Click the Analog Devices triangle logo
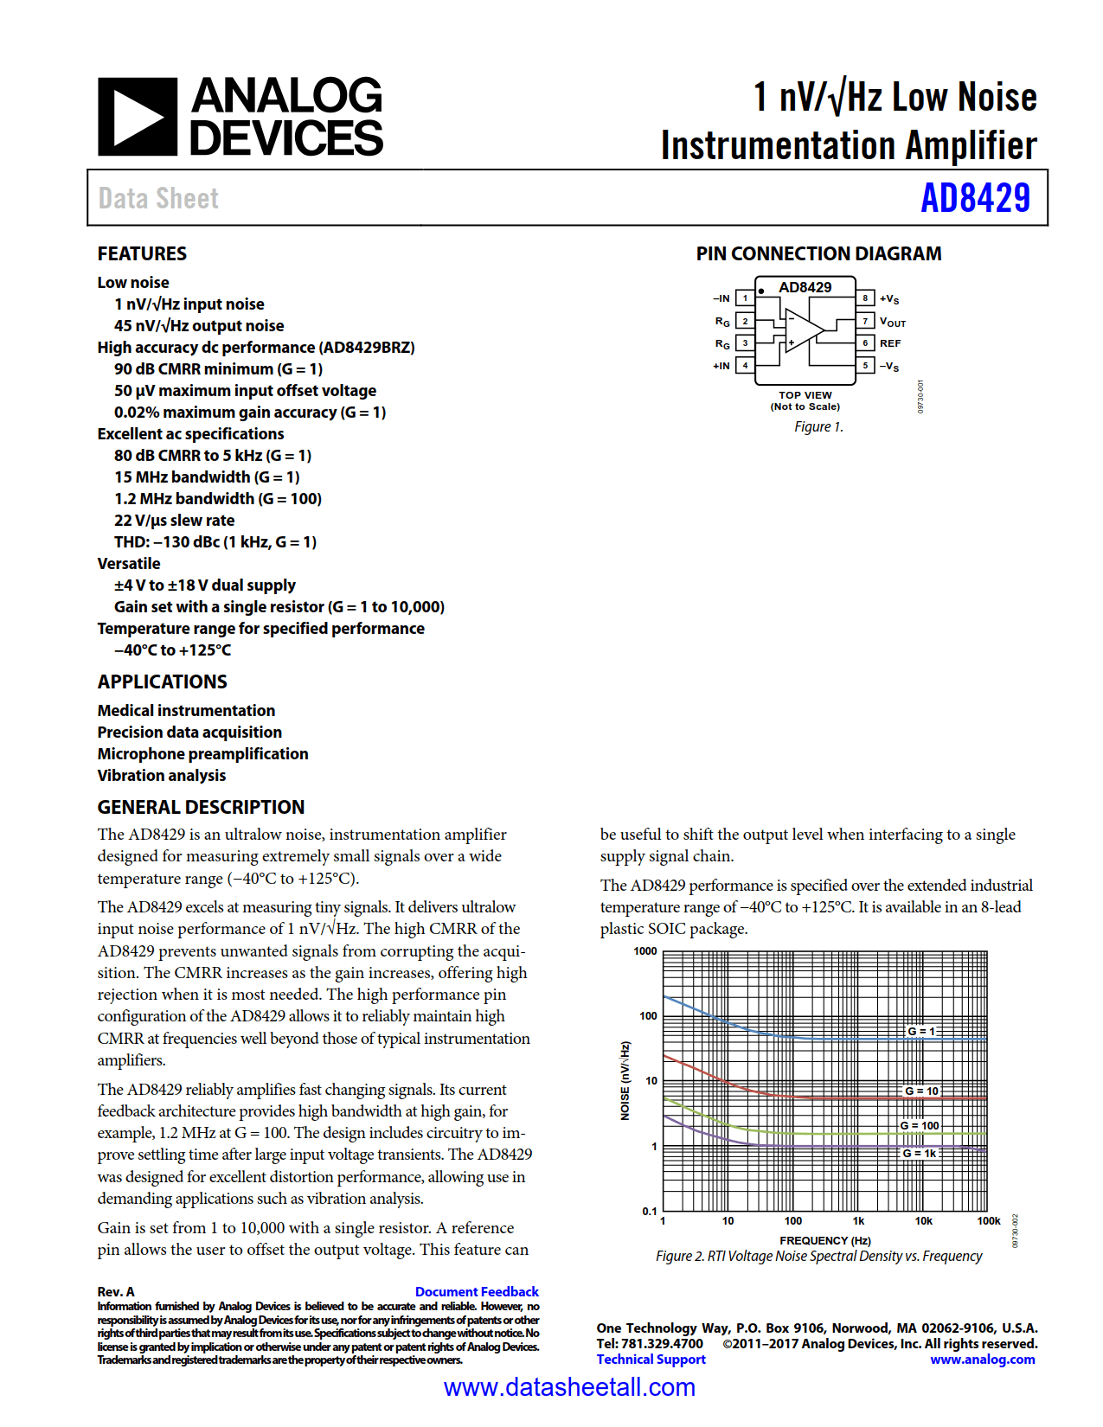pos(138,117)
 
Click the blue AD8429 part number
pos(975,198)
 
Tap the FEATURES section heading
pos(142,253)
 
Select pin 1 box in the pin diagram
pos(745,298)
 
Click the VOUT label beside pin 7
pos(893,322)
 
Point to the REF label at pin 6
pos(890,343)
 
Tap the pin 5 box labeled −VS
pos(865,366)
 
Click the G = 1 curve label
pos(921,1031)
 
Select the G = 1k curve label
pos(920,1153)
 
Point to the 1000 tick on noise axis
pos(645,951)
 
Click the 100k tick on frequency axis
pos(988,1221)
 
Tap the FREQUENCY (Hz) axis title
pos(824,1240)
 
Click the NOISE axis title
pos(625,1081)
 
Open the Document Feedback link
pos(477,1291)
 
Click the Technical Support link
pos(651,1360)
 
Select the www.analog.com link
pos(982,1360)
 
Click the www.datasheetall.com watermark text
pos(569,1387)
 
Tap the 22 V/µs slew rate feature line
pos(174,521)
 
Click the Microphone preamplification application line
pos(202,754)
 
